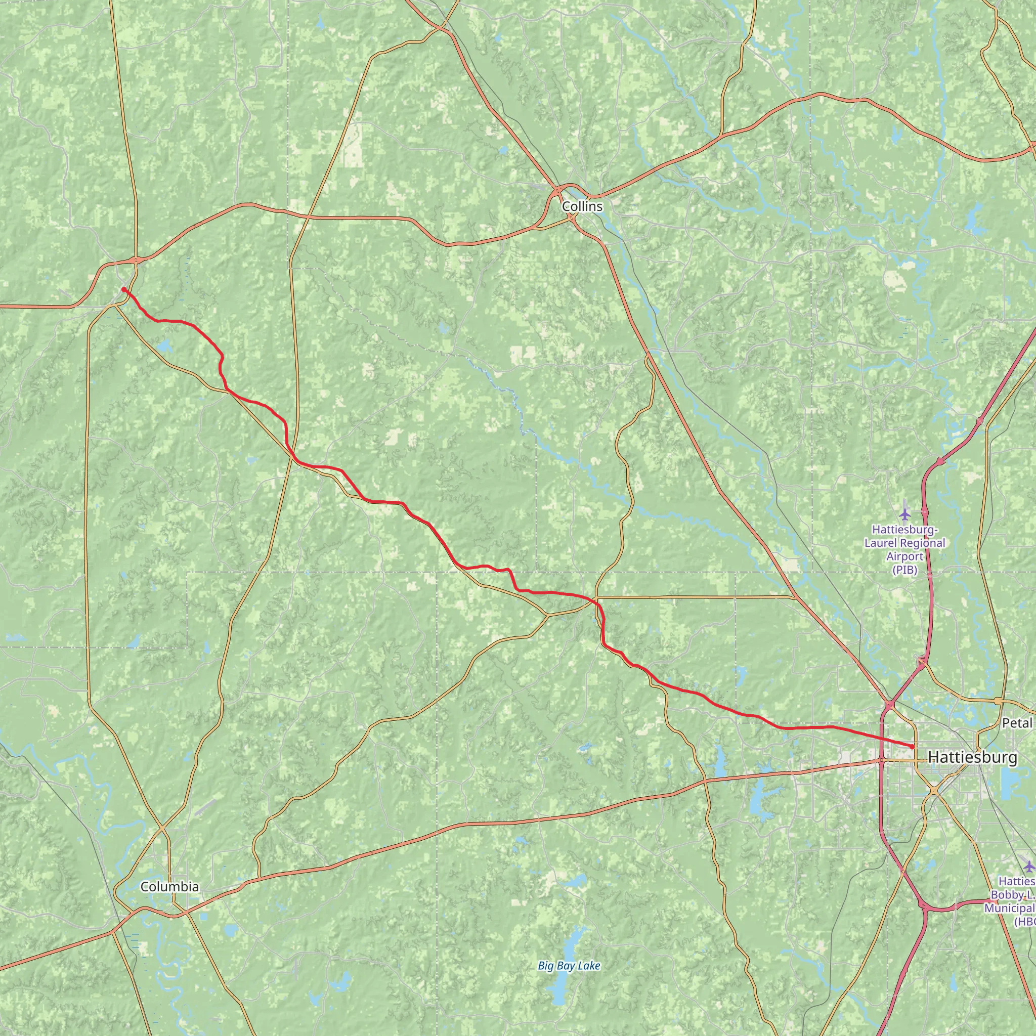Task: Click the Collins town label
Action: [x=582, y=206]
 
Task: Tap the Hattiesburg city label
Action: [x=972, y=757]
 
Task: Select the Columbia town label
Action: [x=169, y=887]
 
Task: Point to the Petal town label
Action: [x=1017, y=723]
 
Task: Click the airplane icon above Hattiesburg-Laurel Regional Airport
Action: [x=905, y=514]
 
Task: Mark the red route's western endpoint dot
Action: [x=124, y=289]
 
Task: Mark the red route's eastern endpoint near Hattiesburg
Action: [x=912, y=747]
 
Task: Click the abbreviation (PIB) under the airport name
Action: [x=904, y=571]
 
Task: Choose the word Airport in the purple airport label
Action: [x=904, y=556]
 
